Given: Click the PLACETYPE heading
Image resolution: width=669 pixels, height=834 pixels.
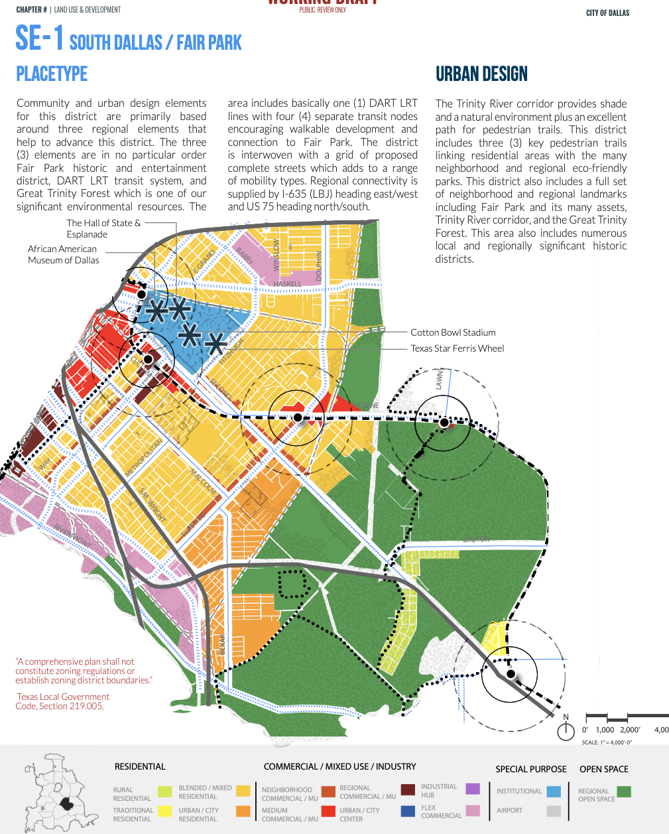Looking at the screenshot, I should [x=52, y=74].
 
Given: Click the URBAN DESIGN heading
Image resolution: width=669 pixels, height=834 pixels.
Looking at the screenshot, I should [x=481, y=74].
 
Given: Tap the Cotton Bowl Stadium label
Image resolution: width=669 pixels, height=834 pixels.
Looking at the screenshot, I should [x=453, y=332].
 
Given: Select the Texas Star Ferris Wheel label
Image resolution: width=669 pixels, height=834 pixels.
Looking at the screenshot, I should [x=457, y=348].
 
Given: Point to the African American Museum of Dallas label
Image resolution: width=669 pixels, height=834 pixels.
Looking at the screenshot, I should [x=63, y=255].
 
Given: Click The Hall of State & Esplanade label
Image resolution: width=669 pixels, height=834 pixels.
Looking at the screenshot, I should [x=103, y=228].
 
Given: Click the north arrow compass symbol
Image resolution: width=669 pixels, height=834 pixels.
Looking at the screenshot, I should [x=566, y=730].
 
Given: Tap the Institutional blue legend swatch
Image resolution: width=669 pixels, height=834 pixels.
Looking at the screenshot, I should [x=554, y=791].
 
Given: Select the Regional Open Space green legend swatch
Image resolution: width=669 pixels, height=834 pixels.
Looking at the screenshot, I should [x=623, y=792].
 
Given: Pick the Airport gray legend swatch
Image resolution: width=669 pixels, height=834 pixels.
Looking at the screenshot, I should [x=554, y=811].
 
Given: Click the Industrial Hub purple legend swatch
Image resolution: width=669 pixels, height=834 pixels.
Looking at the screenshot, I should [x=472, y=789].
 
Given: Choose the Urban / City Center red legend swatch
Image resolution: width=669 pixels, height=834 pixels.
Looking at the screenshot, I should [x=328, y=811].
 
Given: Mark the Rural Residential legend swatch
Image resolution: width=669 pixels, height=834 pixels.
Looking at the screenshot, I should [x=164, y=792].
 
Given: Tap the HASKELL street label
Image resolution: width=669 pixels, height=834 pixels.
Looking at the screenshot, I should [x=287, y=284].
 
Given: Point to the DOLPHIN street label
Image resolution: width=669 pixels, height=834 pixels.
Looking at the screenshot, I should [x=319, y=265].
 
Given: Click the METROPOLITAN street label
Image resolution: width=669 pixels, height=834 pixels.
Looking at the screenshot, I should [x=144, y=457].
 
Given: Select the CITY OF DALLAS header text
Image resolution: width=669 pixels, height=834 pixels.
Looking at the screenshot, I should [x=607, y=13].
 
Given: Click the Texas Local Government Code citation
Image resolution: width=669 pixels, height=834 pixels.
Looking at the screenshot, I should [x=63, y=701].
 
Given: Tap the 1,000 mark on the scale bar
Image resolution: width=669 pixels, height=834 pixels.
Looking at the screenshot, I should [x=605, y=730].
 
